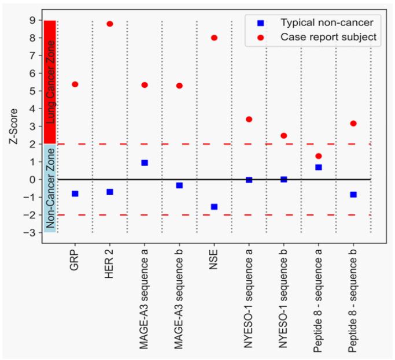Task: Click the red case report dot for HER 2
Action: (x=110, y=24)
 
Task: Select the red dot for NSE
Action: (x=214, y=38)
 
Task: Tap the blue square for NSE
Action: (x=214, y=206)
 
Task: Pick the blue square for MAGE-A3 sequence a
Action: (x=145, y=162)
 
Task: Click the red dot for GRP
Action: (x=75, y=84)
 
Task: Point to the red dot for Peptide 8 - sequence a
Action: (x=318, y=156)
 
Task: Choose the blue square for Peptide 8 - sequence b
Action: (x=353, y=194)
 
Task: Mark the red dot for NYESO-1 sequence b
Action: (x=283, y=136)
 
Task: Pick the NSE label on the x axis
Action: (x=214, y=258)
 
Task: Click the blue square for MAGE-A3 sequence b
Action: (x=179, y=185)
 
